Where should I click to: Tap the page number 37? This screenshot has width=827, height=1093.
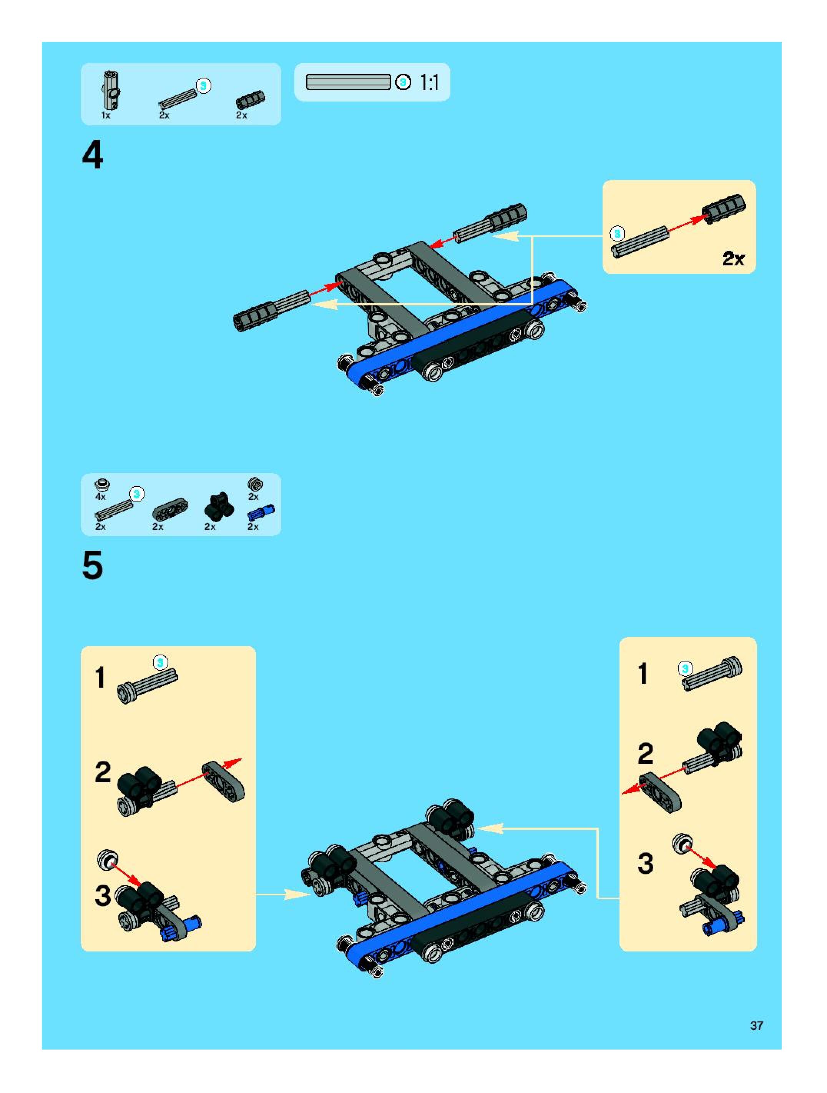(x=756, y=1025)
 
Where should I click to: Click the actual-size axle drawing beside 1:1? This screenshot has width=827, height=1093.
(x=348, y=82)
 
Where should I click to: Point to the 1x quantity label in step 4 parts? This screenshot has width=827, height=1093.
(x=106, y=115)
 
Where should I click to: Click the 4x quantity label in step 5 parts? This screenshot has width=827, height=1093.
(x=100, y=496)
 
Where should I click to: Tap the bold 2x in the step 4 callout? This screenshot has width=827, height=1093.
(x=733, y=258)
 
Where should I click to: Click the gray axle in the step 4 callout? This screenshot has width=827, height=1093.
(x=640, y=242)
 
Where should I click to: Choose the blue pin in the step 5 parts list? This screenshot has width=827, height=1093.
(x=261, y=512)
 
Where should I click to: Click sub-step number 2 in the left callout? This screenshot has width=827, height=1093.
(x=103, y=772)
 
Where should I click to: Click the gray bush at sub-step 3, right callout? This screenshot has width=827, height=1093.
(x=683, y=843)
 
